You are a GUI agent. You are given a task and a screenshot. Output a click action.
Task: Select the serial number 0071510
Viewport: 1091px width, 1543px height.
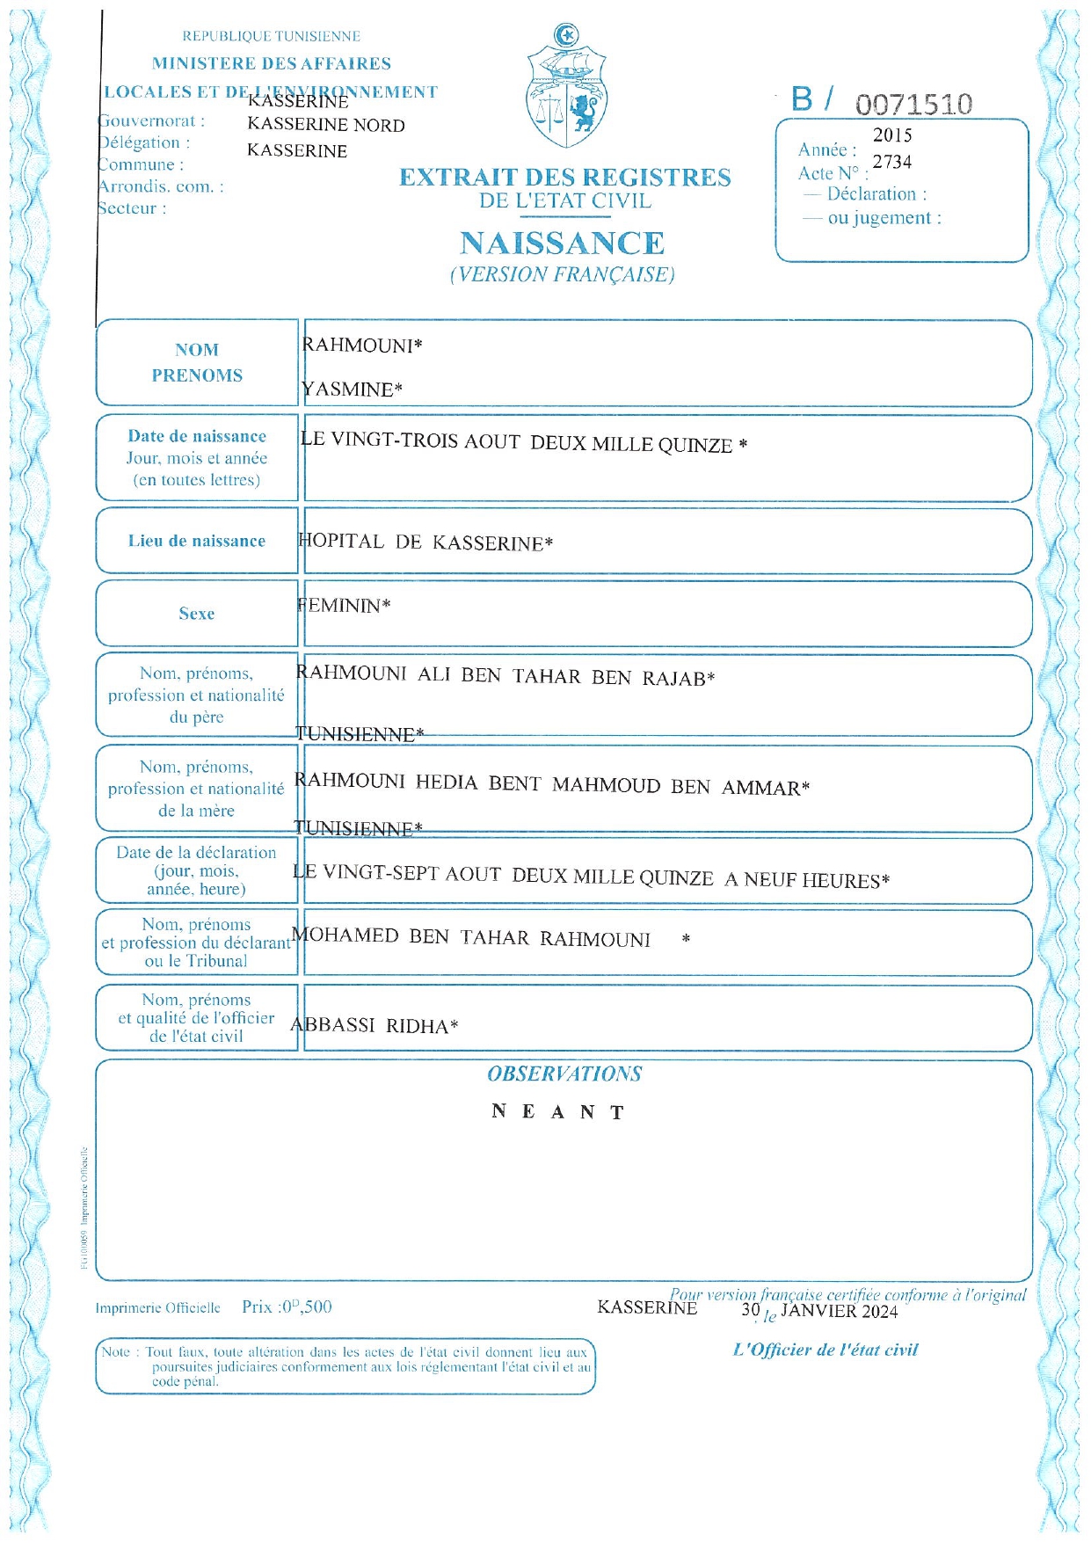(913, 105)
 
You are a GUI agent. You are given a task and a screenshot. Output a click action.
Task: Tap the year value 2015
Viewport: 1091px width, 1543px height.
(892, 135)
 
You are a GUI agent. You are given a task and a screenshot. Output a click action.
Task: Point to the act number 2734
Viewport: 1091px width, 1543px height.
(892, 162)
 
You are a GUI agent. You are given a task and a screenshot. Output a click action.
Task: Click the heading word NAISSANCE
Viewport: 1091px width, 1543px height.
(562, 244)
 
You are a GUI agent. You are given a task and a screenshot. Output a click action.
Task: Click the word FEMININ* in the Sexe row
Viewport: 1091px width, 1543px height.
(344, 606)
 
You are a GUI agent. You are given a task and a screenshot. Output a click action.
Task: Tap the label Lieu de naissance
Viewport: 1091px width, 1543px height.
(197, 541)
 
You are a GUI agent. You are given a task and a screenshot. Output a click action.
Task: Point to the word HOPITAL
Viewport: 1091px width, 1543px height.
(341, 542)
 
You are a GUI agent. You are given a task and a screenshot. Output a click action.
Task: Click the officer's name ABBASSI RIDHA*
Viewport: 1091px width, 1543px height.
(375, 1025)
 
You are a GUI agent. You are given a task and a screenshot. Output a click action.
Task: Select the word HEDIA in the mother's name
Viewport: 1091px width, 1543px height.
(447, 782)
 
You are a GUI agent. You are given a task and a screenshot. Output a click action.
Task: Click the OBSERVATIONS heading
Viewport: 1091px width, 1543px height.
(564, 1074)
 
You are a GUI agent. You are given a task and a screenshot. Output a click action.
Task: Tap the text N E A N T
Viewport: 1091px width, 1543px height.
(558, 1112)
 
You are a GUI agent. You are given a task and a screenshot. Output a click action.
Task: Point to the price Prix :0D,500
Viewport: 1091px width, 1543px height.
(287, 1307)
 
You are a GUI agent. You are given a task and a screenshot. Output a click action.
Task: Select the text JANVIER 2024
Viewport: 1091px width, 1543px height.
(840, 1312)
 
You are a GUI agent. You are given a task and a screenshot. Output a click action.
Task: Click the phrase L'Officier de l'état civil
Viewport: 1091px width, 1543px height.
(826, 1350)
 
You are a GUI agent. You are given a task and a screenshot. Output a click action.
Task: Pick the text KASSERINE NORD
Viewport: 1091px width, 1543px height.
(326, 126)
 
